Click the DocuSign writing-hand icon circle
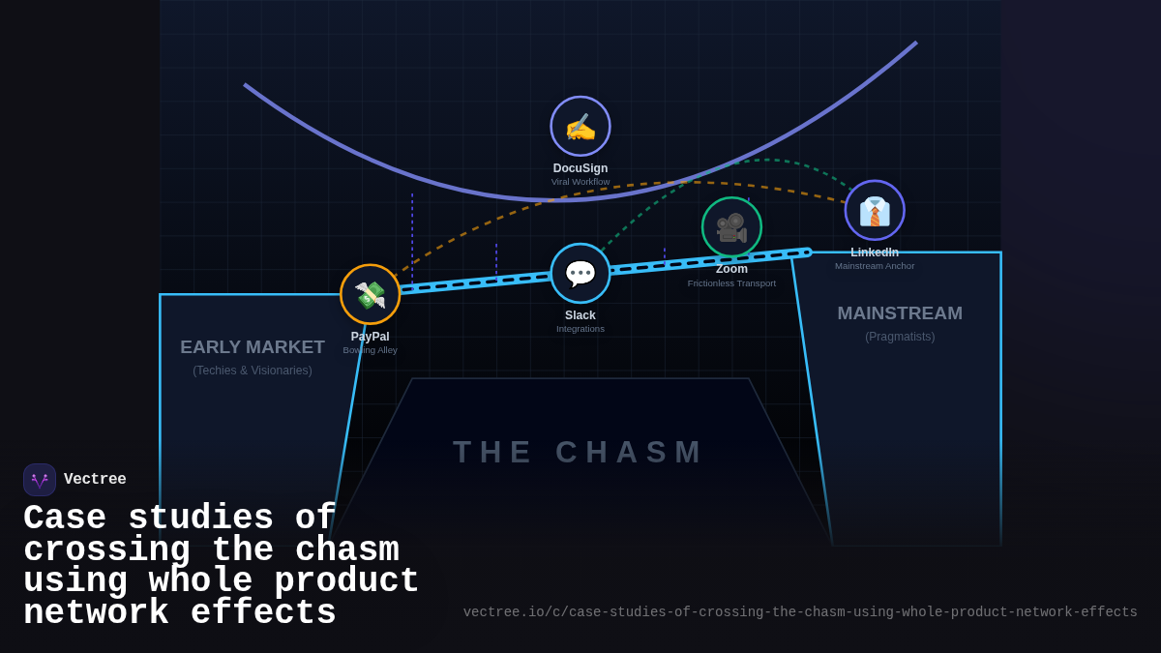click(580, 126)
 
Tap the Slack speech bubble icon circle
click(580, 273)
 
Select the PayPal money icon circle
click(370, 294)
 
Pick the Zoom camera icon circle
click(731, 227)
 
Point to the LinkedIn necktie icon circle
click(875, 210)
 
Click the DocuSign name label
click(580, 168)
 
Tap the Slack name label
click(580, 315)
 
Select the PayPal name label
click(370, 337)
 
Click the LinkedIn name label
click(875, 252)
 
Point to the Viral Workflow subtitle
click(580, 182)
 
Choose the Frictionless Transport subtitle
click(731, 283)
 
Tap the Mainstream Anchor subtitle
click(875, 266)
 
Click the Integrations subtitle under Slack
click(580, 329)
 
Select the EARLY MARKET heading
click(253, 347)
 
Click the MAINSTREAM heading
click(900, 313)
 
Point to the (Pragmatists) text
click(900, 337)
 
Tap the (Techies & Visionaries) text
click(253, 371)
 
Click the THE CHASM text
click(580, 452)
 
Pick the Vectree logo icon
click(40, 480)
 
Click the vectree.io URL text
click(800, 612)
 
